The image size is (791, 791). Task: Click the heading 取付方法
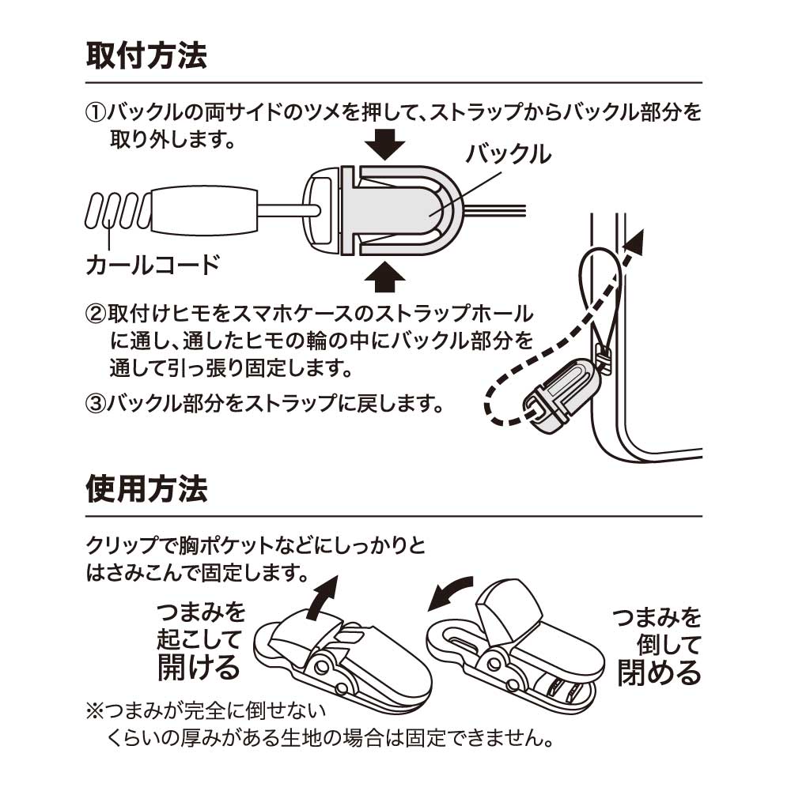(x=146, y=56)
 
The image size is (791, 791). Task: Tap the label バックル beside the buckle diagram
(x=508, y=153)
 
